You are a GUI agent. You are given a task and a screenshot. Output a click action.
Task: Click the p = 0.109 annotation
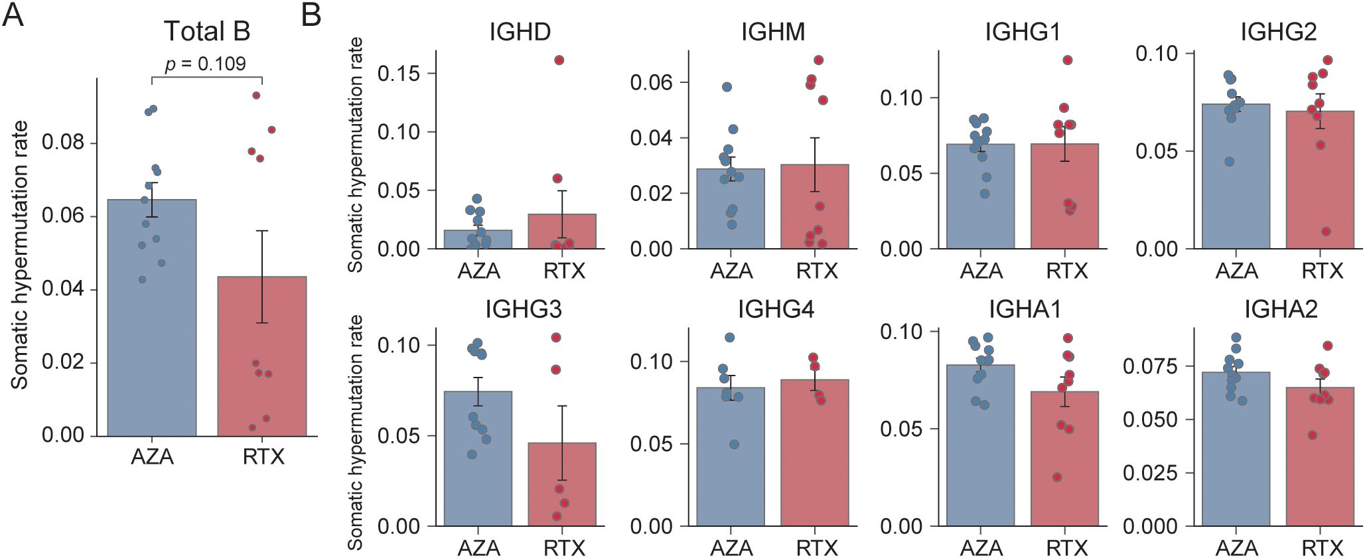[x=205, y=64]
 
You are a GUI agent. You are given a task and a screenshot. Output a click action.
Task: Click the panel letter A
[x=13, y=15]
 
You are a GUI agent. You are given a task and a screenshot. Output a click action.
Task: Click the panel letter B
[x=311, y=15]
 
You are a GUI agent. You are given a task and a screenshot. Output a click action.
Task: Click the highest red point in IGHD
[x=559, y=60]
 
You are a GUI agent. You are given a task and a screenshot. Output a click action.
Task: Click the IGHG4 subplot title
[x=776, y=310]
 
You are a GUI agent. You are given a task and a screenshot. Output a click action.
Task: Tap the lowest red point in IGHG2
[x=1326, y=232]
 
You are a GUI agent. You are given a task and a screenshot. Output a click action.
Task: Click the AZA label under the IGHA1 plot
[x=981, y=548]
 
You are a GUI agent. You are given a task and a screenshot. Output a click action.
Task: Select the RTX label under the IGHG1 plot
[x=1067, y=271]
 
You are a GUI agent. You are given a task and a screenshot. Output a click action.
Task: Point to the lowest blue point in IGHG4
[x=734, y=445]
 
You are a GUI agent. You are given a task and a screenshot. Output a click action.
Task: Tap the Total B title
[x=206, y=31]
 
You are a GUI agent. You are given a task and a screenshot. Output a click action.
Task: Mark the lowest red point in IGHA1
[x=1057, y=477]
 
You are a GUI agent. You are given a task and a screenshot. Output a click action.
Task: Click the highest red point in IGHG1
[x=1068, y=60]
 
